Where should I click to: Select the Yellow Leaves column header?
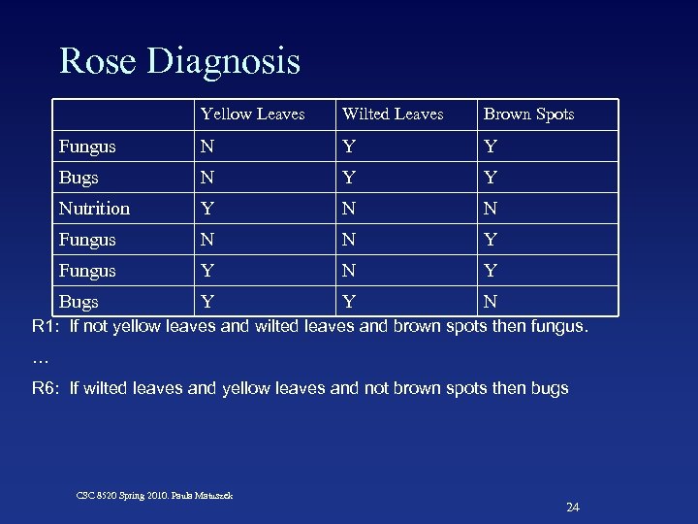[252, 115]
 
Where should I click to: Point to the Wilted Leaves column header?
[393, 115]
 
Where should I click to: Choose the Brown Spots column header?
[528, 115]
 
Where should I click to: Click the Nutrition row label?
[94, 209]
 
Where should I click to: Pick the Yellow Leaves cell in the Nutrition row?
[206, 209]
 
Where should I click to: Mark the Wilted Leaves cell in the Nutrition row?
[347, 209]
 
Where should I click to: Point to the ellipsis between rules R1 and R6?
[40, 357]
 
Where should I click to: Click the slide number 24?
[572, 508]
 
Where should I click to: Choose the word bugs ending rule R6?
[550, 388]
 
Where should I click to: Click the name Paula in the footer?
[185, 495]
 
